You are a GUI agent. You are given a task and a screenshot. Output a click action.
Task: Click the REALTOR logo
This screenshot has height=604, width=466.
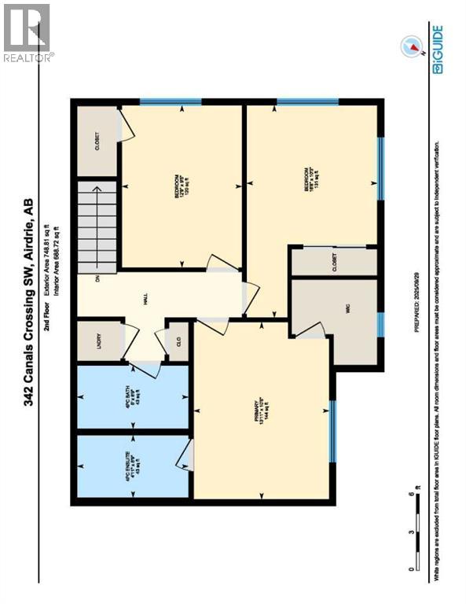click(27, 32)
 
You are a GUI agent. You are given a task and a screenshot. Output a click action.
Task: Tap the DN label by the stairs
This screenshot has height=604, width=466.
click(97, 280)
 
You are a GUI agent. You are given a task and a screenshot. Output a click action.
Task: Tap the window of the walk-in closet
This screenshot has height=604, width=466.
click(380, 323)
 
